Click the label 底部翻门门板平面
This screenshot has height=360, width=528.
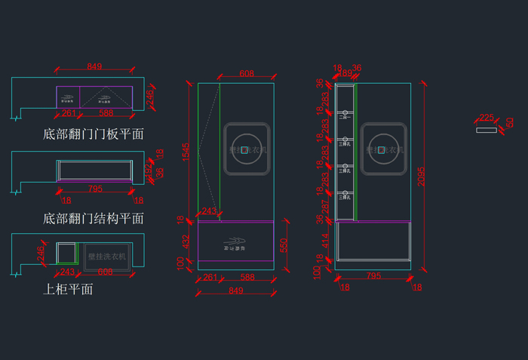pos(94,134)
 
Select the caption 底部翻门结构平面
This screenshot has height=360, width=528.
pos(94,219)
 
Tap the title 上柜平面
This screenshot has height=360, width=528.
pos(69,289)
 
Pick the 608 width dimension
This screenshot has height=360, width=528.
pos(247,73)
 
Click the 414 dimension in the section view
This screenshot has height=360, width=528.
pos(326,241)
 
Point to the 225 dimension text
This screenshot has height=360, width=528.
pos(487,118)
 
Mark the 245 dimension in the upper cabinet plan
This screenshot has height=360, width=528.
pos(41,254)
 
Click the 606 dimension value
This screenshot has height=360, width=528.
pos(105,272)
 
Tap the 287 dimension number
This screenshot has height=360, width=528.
pos(326,205)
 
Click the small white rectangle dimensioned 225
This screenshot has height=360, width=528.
pos(487,130)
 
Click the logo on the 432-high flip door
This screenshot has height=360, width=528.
pos(235,246)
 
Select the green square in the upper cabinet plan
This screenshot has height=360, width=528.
pos(67,252)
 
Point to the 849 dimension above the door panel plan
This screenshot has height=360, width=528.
pos(94,66)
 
